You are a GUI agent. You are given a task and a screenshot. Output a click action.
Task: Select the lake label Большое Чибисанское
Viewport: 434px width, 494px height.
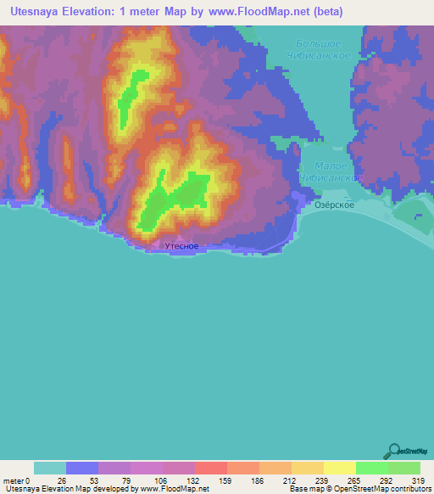tap(319, 49)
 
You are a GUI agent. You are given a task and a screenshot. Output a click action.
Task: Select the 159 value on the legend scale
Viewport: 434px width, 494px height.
tap(210, 480)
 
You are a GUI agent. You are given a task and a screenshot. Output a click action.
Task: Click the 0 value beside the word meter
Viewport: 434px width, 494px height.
tap(28, 480)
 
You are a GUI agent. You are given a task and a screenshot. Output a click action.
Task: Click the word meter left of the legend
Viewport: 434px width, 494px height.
tap(13, 480)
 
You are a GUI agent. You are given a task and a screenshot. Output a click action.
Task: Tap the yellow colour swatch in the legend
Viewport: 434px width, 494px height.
tap(339, 468)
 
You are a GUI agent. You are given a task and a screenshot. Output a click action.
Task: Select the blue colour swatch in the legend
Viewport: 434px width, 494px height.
tap(82, 468)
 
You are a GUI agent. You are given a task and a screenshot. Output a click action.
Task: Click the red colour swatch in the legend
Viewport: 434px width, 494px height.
tap(210, 468)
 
